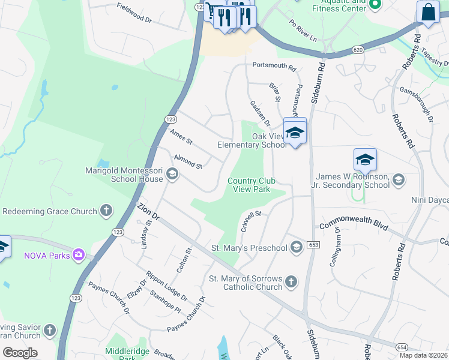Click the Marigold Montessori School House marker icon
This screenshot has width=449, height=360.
[172, 174]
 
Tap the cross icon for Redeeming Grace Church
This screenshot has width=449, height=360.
[106, 211]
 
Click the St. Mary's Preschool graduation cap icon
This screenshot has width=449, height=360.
[296, 247]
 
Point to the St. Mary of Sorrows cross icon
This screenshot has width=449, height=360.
[291, 282]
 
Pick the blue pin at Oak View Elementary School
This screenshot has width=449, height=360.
[295, 133]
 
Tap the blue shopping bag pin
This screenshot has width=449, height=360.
[428, 13]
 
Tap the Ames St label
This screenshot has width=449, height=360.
[181, 137]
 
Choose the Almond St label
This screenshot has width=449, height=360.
[188, 161]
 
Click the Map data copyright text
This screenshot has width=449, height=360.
[424, 355]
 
